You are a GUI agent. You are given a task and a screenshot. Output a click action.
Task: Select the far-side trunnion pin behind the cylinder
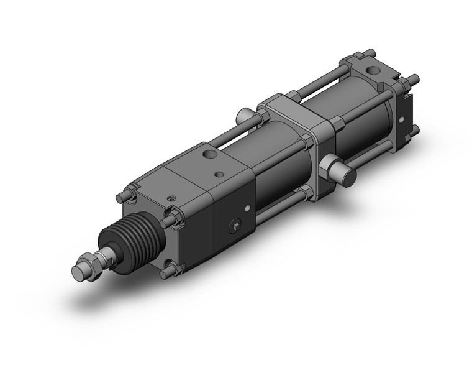[244, 116]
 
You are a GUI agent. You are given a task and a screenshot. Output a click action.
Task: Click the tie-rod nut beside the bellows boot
[170, 221]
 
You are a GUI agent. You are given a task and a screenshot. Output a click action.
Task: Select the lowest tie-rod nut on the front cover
[168, 270]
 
